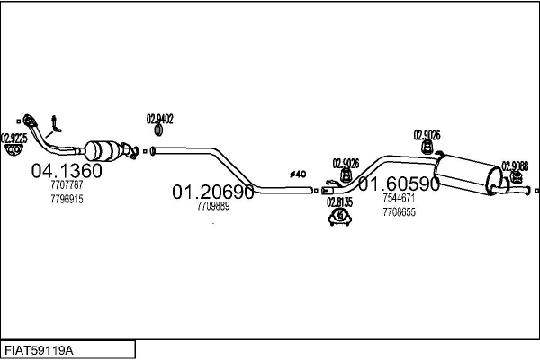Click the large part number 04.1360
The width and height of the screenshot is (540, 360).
[x=67, y=170]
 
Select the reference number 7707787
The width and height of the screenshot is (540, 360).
[x=67, y=185]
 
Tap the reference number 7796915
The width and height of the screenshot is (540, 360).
[x=67, y=199]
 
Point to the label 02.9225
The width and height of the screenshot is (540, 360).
[x=13, y=139]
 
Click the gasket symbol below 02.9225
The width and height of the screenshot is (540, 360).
[x=13, y=150]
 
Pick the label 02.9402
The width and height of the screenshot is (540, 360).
[x=160, y=119]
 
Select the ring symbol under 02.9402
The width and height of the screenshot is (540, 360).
[x=158, y=130]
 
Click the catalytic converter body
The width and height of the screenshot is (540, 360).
[x=103, y=150]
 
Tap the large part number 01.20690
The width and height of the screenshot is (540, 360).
[x=212, y=192]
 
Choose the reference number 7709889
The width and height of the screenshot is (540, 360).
[x=213, y=206]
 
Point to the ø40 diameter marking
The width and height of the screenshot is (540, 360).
[x=298, y=175]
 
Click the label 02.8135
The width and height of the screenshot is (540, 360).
[x=339, y=202]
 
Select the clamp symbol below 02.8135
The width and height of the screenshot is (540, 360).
[x=340, y=217]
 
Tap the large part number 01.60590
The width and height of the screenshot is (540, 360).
[x=399, y=184]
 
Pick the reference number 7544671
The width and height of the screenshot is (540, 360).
[x=399, y=198]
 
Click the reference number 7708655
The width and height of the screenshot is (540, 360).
[x=399, y=212]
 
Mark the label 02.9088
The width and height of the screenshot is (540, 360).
[x=515, y=166]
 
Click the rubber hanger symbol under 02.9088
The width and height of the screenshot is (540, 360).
[x=516, y=178]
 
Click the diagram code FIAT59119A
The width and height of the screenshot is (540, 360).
[x=39, y=351]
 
